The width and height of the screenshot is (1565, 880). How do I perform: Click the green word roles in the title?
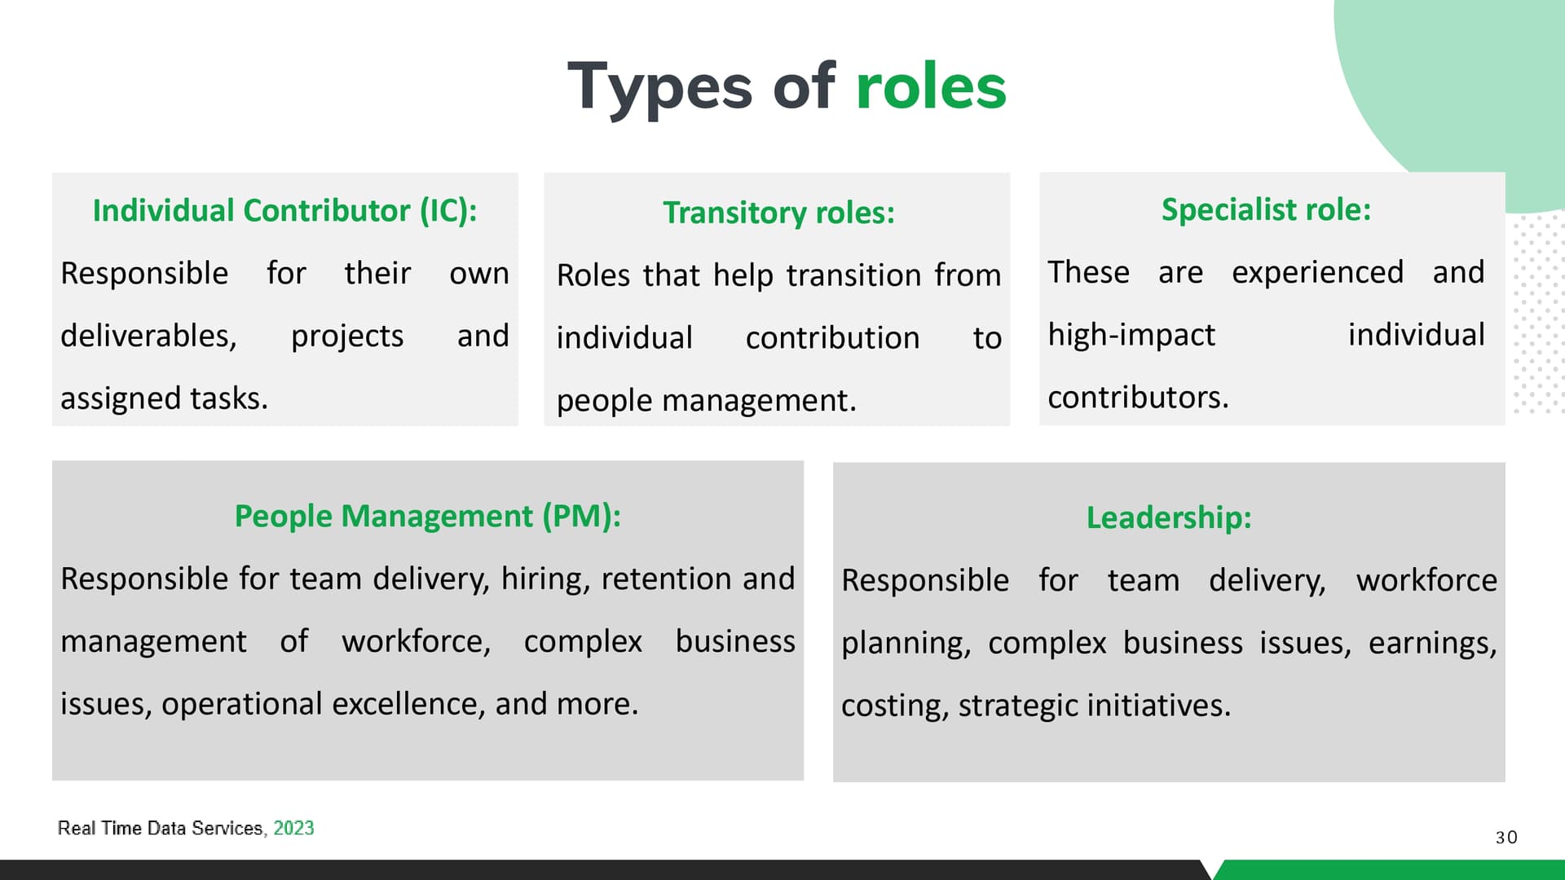[931, 86]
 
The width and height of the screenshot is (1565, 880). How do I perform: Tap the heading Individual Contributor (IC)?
[284, 210]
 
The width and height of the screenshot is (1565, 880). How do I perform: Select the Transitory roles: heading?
[778, 213]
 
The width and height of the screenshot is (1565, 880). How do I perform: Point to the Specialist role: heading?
[1266, 209]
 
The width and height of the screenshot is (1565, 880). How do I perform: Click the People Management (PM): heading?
[428, 516]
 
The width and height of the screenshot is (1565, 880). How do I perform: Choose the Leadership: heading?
[1169, 517]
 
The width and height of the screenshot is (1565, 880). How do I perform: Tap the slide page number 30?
[1506, 837]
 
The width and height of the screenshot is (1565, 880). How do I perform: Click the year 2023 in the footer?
[293, 828]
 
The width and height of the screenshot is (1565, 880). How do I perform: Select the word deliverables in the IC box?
[148, 336]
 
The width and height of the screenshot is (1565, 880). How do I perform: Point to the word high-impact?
[1131, 336]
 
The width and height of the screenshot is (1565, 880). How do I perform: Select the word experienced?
[1317, 273]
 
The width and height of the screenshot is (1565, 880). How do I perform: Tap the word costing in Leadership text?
[892, 706]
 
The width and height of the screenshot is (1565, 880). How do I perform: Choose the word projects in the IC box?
[347, 337]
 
